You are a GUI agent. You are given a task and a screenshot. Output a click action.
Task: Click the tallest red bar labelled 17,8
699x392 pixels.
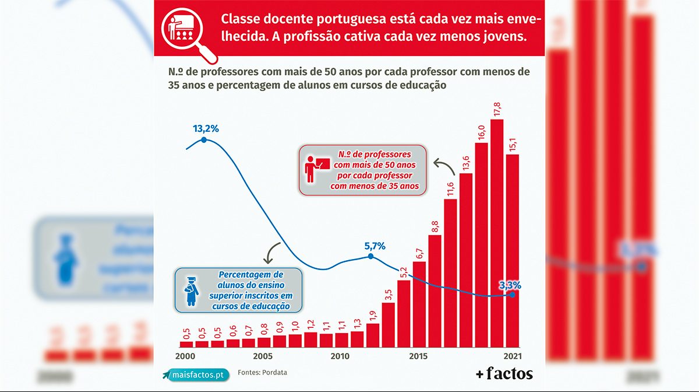point(497,233)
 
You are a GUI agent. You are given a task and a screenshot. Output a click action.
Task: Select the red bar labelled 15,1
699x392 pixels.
point(513,251)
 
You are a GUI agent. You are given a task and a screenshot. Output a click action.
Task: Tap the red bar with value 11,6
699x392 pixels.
point(450,273)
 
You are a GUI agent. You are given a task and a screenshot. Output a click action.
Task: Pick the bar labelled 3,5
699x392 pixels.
point(388,325)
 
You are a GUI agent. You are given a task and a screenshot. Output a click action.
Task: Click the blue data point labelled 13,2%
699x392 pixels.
point(204,140)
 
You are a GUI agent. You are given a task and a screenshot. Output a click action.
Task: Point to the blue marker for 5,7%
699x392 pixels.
point(370,256)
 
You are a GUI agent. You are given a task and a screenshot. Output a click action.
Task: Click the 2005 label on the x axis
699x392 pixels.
point(263,356)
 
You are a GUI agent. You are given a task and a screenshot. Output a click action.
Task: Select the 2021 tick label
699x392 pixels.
point(512,356)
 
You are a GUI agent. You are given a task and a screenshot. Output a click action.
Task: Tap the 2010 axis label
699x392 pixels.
point(340,356)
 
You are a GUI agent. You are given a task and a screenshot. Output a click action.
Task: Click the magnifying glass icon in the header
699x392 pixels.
point(188,35)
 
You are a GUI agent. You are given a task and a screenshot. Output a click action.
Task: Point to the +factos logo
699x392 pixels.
point(504,373)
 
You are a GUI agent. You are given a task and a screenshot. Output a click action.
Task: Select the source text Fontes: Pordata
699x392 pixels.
point(263,372)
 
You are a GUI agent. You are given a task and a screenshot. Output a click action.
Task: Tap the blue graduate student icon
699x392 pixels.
point(191,291)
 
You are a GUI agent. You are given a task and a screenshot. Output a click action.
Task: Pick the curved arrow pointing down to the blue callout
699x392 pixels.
point(271,251)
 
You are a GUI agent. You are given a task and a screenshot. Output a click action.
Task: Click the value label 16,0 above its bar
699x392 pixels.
point(482,132)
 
